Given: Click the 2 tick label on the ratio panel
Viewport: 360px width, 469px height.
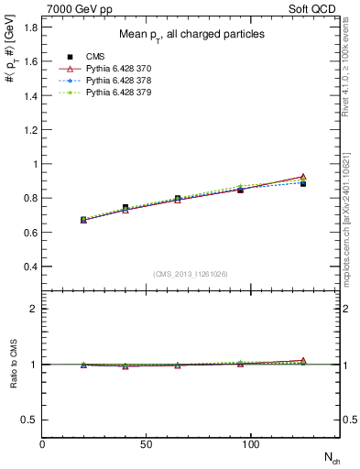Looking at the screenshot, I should [35, 309].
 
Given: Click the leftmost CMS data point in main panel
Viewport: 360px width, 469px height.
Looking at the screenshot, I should [83, 220].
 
